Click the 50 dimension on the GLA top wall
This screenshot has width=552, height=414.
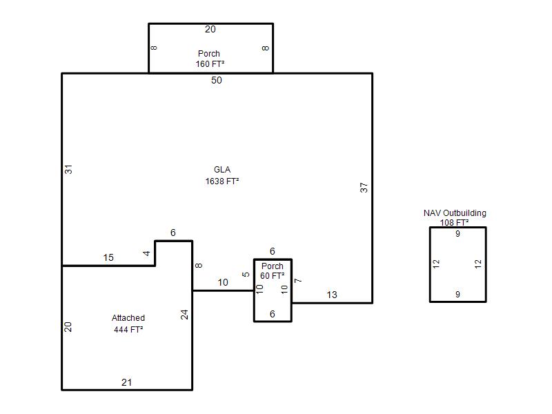[x=217, y=80]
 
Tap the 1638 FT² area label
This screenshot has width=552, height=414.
[x=222, y=181]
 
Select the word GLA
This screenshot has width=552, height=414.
[x=222, y=170]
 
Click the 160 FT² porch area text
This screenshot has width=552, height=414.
[x=210, y=63]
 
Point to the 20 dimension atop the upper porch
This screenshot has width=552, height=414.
[x=210, y=29]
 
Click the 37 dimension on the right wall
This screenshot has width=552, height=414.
[x=364, y=188]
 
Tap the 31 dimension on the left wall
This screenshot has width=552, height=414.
[x=68, y=169]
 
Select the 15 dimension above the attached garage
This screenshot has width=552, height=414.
[x=108, y=257]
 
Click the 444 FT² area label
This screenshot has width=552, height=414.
[x=128, y=330]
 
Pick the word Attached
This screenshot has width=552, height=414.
[x=128, y=318]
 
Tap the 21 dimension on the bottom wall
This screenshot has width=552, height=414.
[x=127, y=382]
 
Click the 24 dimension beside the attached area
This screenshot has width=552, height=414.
[x=184, y=315]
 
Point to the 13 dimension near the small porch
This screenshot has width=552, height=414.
[x=332, y=295]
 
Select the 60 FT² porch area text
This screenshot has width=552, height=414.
[x=273, y=275]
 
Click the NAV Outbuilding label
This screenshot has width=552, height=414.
[x=455, y=213]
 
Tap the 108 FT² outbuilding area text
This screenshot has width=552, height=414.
[x=455, y=222]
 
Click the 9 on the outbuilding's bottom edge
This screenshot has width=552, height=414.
[x=457, y=295]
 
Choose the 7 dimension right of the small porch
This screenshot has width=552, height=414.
[x=298, y=281]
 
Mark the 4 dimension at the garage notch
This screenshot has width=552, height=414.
[x=146, y=253]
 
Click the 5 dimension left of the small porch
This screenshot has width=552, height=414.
[x=246, y=274]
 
